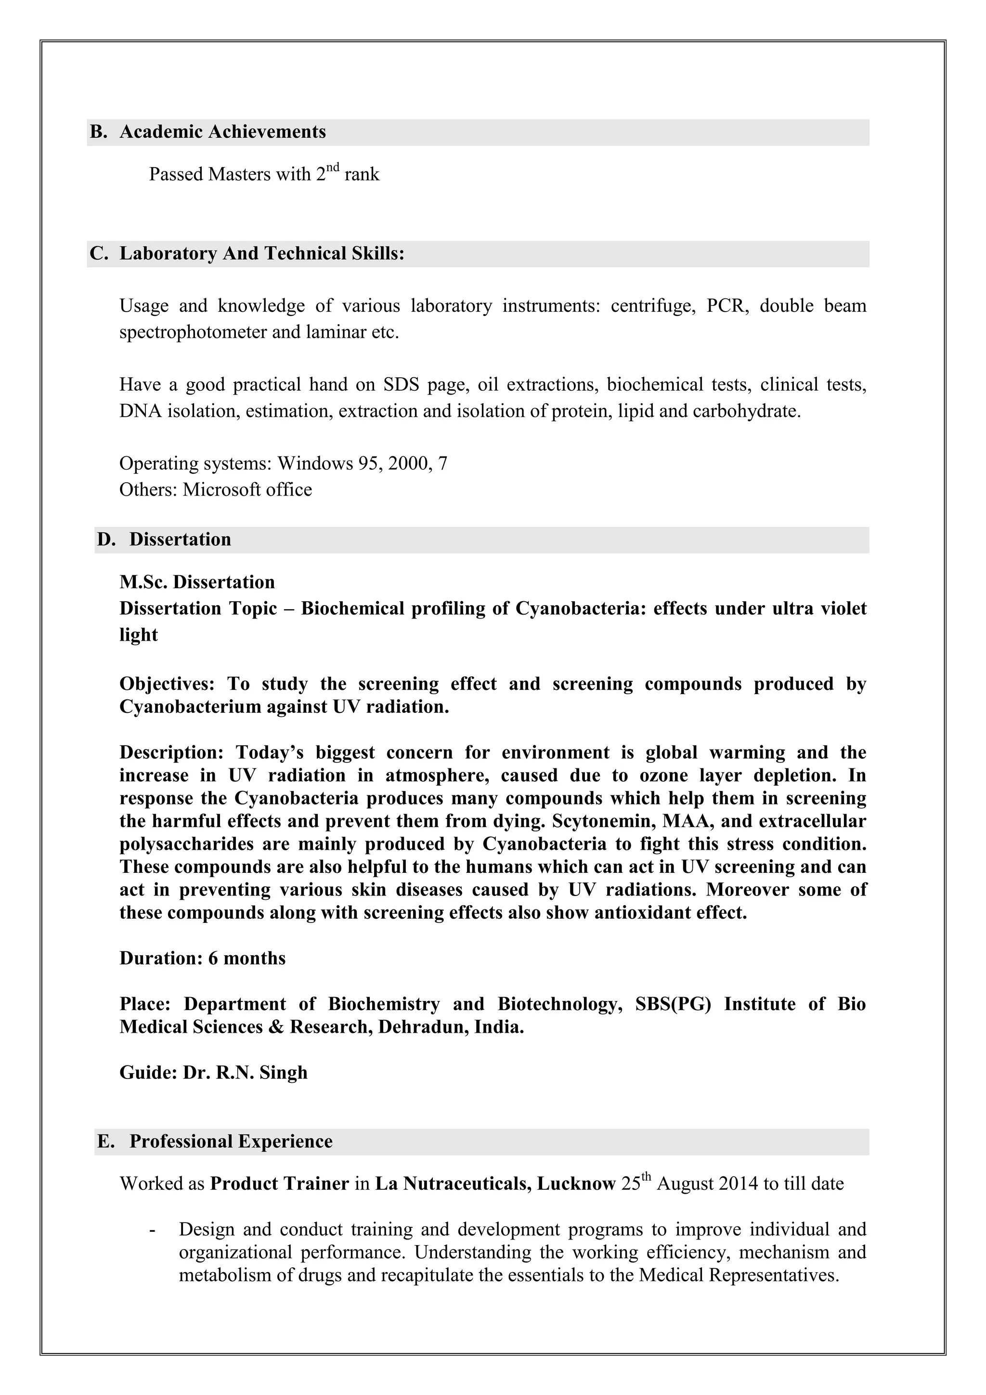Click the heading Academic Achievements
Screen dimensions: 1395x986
coord(222,132)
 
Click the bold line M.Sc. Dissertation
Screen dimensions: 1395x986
coord(197,582)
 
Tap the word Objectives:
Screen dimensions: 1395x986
coord(167,684)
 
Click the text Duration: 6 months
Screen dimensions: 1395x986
coord(202,958)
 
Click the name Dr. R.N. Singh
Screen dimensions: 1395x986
coord(245,1072)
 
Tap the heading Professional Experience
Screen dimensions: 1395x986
coord(231,1141)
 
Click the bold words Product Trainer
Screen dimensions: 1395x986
coord(279,1184)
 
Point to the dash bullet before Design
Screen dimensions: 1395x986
coord(152,1230)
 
